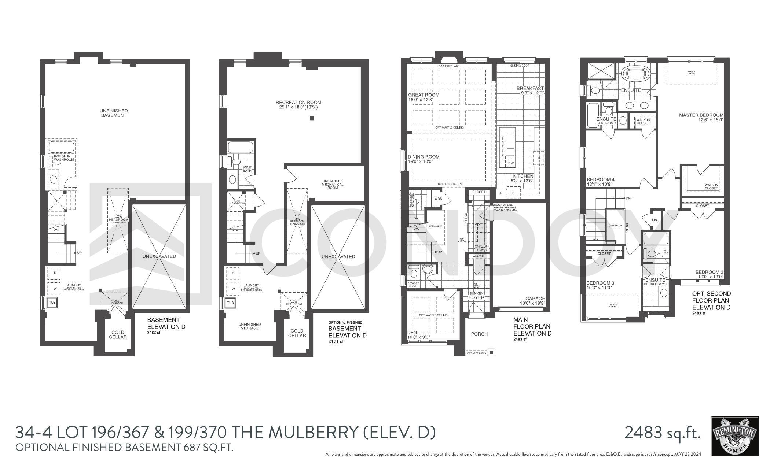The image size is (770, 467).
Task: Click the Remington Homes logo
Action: [735, 436]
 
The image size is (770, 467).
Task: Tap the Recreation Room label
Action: [298, 102]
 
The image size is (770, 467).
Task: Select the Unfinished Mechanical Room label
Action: [333, 184]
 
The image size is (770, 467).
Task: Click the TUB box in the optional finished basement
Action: [230, 303]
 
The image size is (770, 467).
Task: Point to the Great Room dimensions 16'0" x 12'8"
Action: [423, 100]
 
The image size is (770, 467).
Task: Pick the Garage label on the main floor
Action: [535, 299]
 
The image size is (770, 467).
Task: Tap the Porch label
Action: [479, 334]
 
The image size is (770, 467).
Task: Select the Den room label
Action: [412, 333]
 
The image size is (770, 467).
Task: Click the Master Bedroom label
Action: [701, 115]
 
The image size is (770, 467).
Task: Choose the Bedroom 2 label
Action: [709, 272]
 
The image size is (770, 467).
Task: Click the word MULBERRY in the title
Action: [313, 433]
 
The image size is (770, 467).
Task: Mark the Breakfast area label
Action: [530, 88]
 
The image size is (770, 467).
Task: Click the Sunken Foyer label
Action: [476, 295]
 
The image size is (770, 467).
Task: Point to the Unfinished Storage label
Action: [249, 326]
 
